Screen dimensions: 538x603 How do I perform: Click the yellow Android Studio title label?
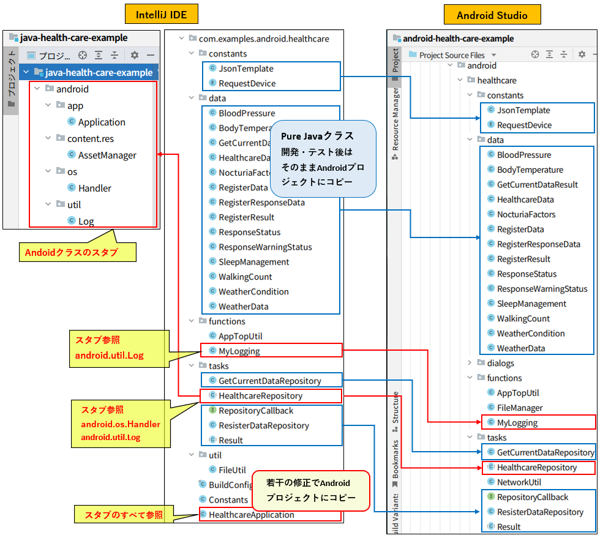click(492, 15)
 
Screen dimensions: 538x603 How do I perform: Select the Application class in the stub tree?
click(101, 122)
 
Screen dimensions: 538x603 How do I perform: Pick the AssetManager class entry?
click(107, 155)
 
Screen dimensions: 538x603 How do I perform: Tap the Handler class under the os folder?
click(94, 189)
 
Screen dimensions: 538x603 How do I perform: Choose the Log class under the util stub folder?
click(86, 222)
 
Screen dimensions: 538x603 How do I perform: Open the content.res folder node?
click(90, 139)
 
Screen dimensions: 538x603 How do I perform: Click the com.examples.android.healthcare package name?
click(263, 39)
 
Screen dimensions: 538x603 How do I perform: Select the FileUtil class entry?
click(231, 470)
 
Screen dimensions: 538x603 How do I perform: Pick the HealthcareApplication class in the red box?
click(251, 515)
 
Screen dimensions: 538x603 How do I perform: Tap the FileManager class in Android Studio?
click(519, 408)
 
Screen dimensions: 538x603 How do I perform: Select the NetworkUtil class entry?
click(519, 482)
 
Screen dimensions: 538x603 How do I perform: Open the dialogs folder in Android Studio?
click(500, 363)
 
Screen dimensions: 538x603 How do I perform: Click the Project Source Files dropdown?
click(452, 55)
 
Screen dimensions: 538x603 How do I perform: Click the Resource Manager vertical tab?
click(395, 119)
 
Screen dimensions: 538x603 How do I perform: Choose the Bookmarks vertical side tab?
click(395, 459)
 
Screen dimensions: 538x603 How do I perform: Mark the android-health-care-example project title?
click(458, 39)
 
